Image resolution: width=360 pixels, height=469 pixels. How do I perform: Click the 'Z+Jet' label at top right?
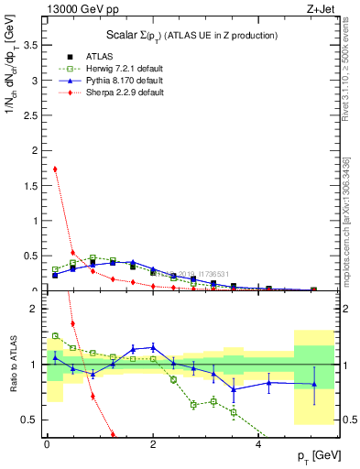point(319,8)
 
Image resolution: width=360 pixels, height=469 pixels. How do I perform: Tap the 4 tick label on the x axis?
point(259,442)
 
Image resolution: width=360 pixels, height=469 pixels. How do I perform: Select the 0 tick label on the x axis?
point(47,442)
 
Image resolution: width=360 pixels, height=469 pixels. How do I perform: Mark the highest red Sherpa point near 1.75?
point(55,169)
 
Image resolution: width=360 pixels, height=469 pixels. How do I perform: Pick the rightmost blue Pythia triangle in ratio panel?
point(314,384)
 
